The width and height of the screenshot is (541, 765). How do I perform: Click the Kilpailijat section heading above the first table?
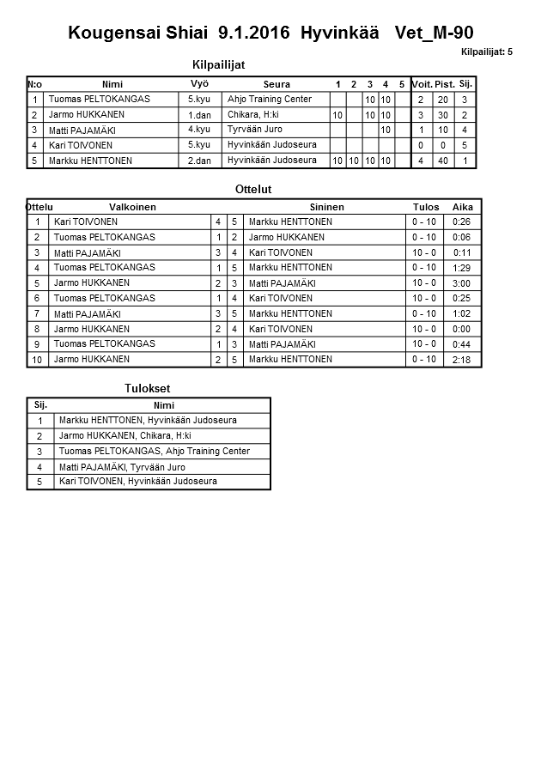223,64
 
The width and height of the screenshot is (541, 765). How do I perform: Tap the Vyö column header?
199,83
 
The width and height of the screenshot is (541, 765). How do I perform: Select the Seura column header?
277,84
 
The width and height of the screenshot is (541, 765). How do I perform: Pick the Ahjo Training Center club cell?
270,100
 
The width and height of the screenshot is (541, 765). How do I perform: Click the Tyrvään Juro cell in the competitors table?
255,130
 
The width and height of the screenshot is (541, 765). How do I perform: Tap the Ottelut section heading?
252,189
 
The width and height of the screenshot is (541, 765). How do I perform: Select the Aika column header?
463,207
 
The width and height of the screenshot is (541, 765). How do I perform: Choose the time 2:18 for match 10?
462,360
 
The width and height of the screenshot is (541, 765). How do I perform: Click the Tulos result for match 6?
425,298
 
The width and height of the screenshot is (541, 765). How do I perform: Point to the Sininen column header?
327,207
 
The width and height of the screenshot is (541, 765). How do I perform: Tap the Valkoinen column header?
132,207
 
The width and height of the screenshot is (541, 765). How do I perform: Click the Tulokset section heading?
147,389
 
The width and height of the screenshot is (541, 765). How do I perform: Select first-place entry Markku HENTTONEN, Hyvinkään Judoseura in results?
148,421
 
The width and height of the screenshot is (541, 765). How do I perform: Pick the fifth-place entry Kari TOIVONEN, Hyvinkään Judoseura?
138,482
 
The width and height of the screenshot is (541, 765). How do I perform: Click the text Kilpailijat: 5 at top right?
486,52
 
